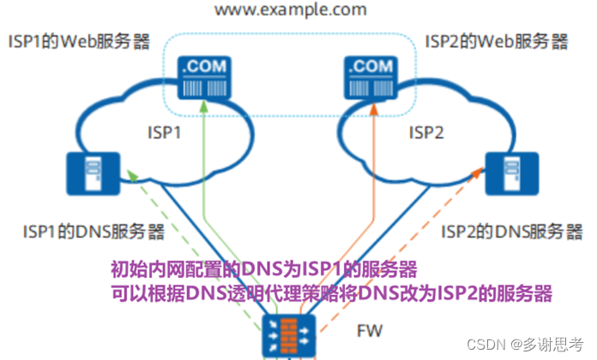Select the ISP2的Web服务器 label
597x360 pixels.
pos(496,40)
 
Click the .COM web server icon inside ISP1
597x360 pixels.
pos(203,76)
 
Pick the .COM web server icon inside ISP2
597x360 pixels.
pos(374,76)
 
